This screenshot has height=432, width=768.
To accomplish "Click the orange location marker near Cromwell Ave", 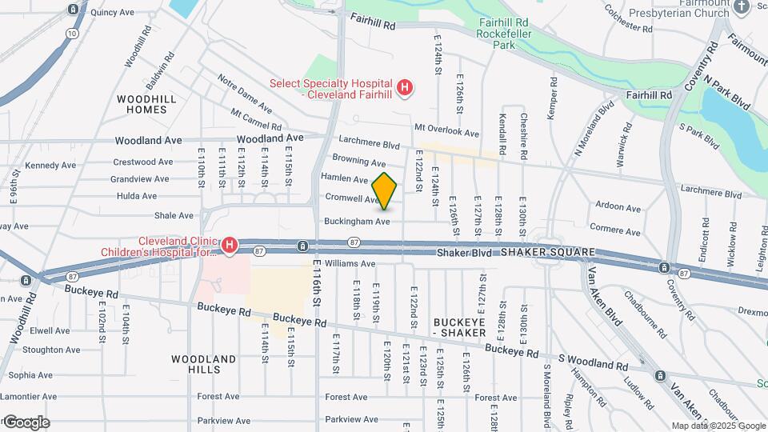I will [x=385, y=190].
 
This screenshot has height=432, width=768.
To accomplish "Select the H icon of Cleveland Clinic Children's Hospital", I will [x=230, y=245].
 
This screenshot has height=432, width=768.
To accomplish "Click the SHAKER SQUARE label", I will [x=548, y=252].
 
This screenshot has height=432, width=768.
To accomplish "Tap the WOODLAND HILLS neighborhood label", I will [x=203, y=365].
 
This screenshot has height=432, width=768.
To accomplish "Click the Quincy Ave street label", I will [x=113, y=13].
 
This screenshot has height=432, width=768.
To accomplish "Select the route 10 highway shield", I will [x=73, y=34].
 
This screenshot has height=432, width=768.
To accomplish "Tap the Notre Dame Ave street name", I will [x=245, y=90].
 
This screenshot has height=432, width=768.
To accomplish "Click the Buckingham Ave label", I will [x=357, y=221].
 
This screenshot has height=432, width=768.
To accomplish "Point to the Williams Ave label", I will [x=350, y=263].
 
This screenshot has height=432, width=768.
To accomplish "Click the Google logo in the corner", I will [x=26, y=422].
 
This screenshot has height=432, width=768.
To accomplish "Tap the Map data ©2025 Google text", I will [x=718, y=426].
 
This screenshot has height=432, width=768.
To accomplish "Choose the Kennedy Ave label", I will [x=50, y=166].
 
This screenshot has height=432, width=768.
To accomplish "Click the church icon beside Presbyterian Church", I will [x=741, y=7].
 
